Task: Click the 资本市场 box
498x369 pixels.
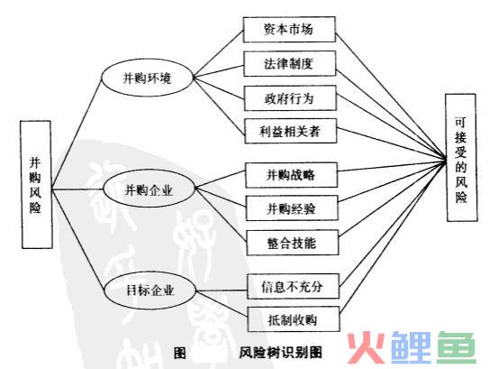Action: tap(289, 30)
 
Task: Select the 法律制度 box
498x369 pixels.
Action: tap(289, 64)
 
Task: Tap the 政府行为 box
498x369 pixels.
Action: tap(290, 98)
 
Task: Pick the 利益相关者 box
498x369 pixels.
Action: tap(291, 131)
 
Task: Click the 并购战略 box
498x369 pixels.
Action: tap(291, 175)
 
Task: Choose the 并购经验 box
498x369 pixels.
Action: tap(292, 208)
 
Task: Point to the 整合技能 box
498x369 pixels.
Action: tap(293, 243)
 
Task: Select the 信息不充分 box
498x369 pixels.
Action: tap(294, 286)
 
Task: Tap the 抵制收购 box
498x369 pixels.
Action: tap(294, 319)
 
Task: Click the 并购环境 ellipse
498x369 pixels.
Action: tap(148, 78)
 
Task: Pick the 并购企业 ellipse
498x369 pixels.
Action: tap(149, 189)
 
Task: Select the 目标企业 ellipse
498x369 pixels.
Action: tap(150, 291)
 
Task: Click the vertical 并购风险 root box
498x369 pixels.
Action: tap(36, 184)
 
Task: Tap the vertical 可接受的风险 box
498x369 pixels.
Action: tap(461, 158)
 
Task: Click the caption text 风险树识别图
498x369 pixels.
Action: tap(281, 353)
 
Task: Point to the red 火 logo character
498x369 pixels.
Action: tap(366, 347)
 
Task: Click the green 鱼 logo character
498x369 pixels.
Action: tap(456, 347)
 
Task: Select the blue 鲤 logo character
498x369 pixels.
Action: tap(411, 347)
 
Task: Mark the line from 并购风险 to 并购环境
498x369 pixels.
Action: tap(77, 134)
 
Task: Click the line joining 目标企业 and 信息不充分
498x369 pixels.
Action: tap(222, 291)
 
